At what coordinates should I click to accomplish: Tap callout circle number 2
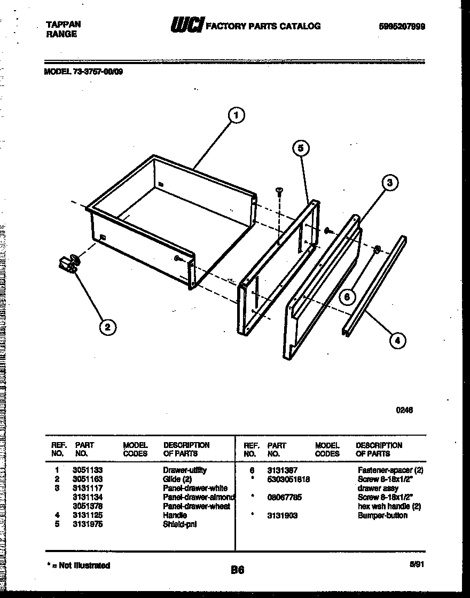[x=107, y=327]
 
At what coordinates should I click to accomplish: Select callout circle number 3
[x=390, y=183]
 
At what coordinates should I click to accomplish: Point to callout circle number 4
[x=397, y=340]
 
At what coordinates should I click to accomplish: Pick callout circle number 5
[x=301, y=148]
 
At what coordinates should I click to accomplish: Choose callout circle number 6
[x=347, y=297]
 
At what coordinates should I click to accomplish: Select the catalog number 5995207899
[x=403, y=26]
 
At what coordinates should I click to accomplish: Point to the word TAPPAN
[x=63, y=25]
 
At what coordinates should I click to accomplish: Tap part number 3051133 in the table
[x=89, y=470]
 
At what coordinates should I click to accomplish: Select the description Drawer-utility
[x=185, y=470]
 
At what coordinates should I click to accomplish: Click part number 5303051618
[x=288, y=479]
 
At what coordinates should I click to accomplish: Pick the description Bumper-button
[x=382, y=515]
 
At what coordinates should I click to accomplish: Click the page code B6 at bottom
[x=237, y=570]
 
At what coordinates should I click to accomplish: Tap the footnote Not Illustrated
[x=79, y=565]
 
